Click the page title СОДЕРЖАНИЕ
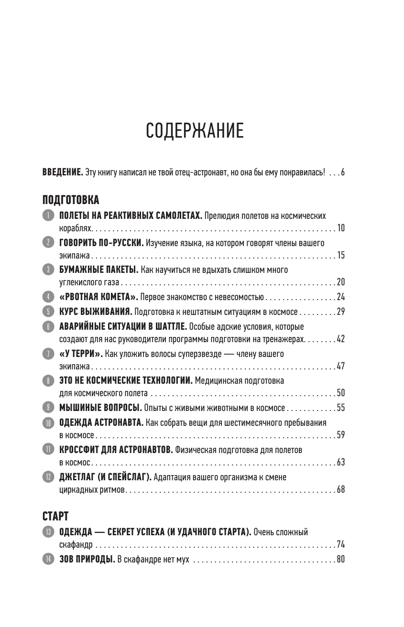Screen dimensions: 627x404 point(194,130)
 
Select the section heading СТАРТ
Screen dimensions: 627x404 point(55,516)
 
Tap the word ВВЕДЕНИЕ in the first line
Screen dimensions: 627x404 point(63,173)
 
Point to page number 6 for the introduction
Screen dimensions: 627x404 point(343,173)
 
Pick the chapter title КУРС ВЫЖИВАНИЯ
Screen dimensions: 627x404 point(95,313)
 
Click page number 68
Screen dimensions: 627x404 point(340,490)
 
